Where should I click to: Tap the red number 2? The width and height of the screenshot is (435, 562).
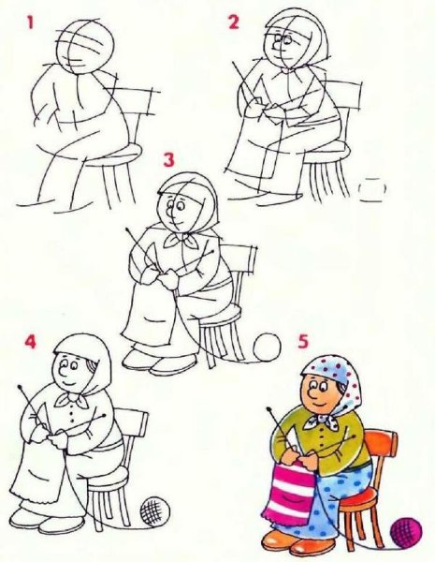[233, 22]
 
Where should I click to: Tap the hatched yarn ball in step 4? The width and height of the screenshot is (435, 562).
[152, 511]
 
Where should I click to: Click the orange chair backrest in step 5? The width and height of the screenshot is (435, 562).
[382, 449]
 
